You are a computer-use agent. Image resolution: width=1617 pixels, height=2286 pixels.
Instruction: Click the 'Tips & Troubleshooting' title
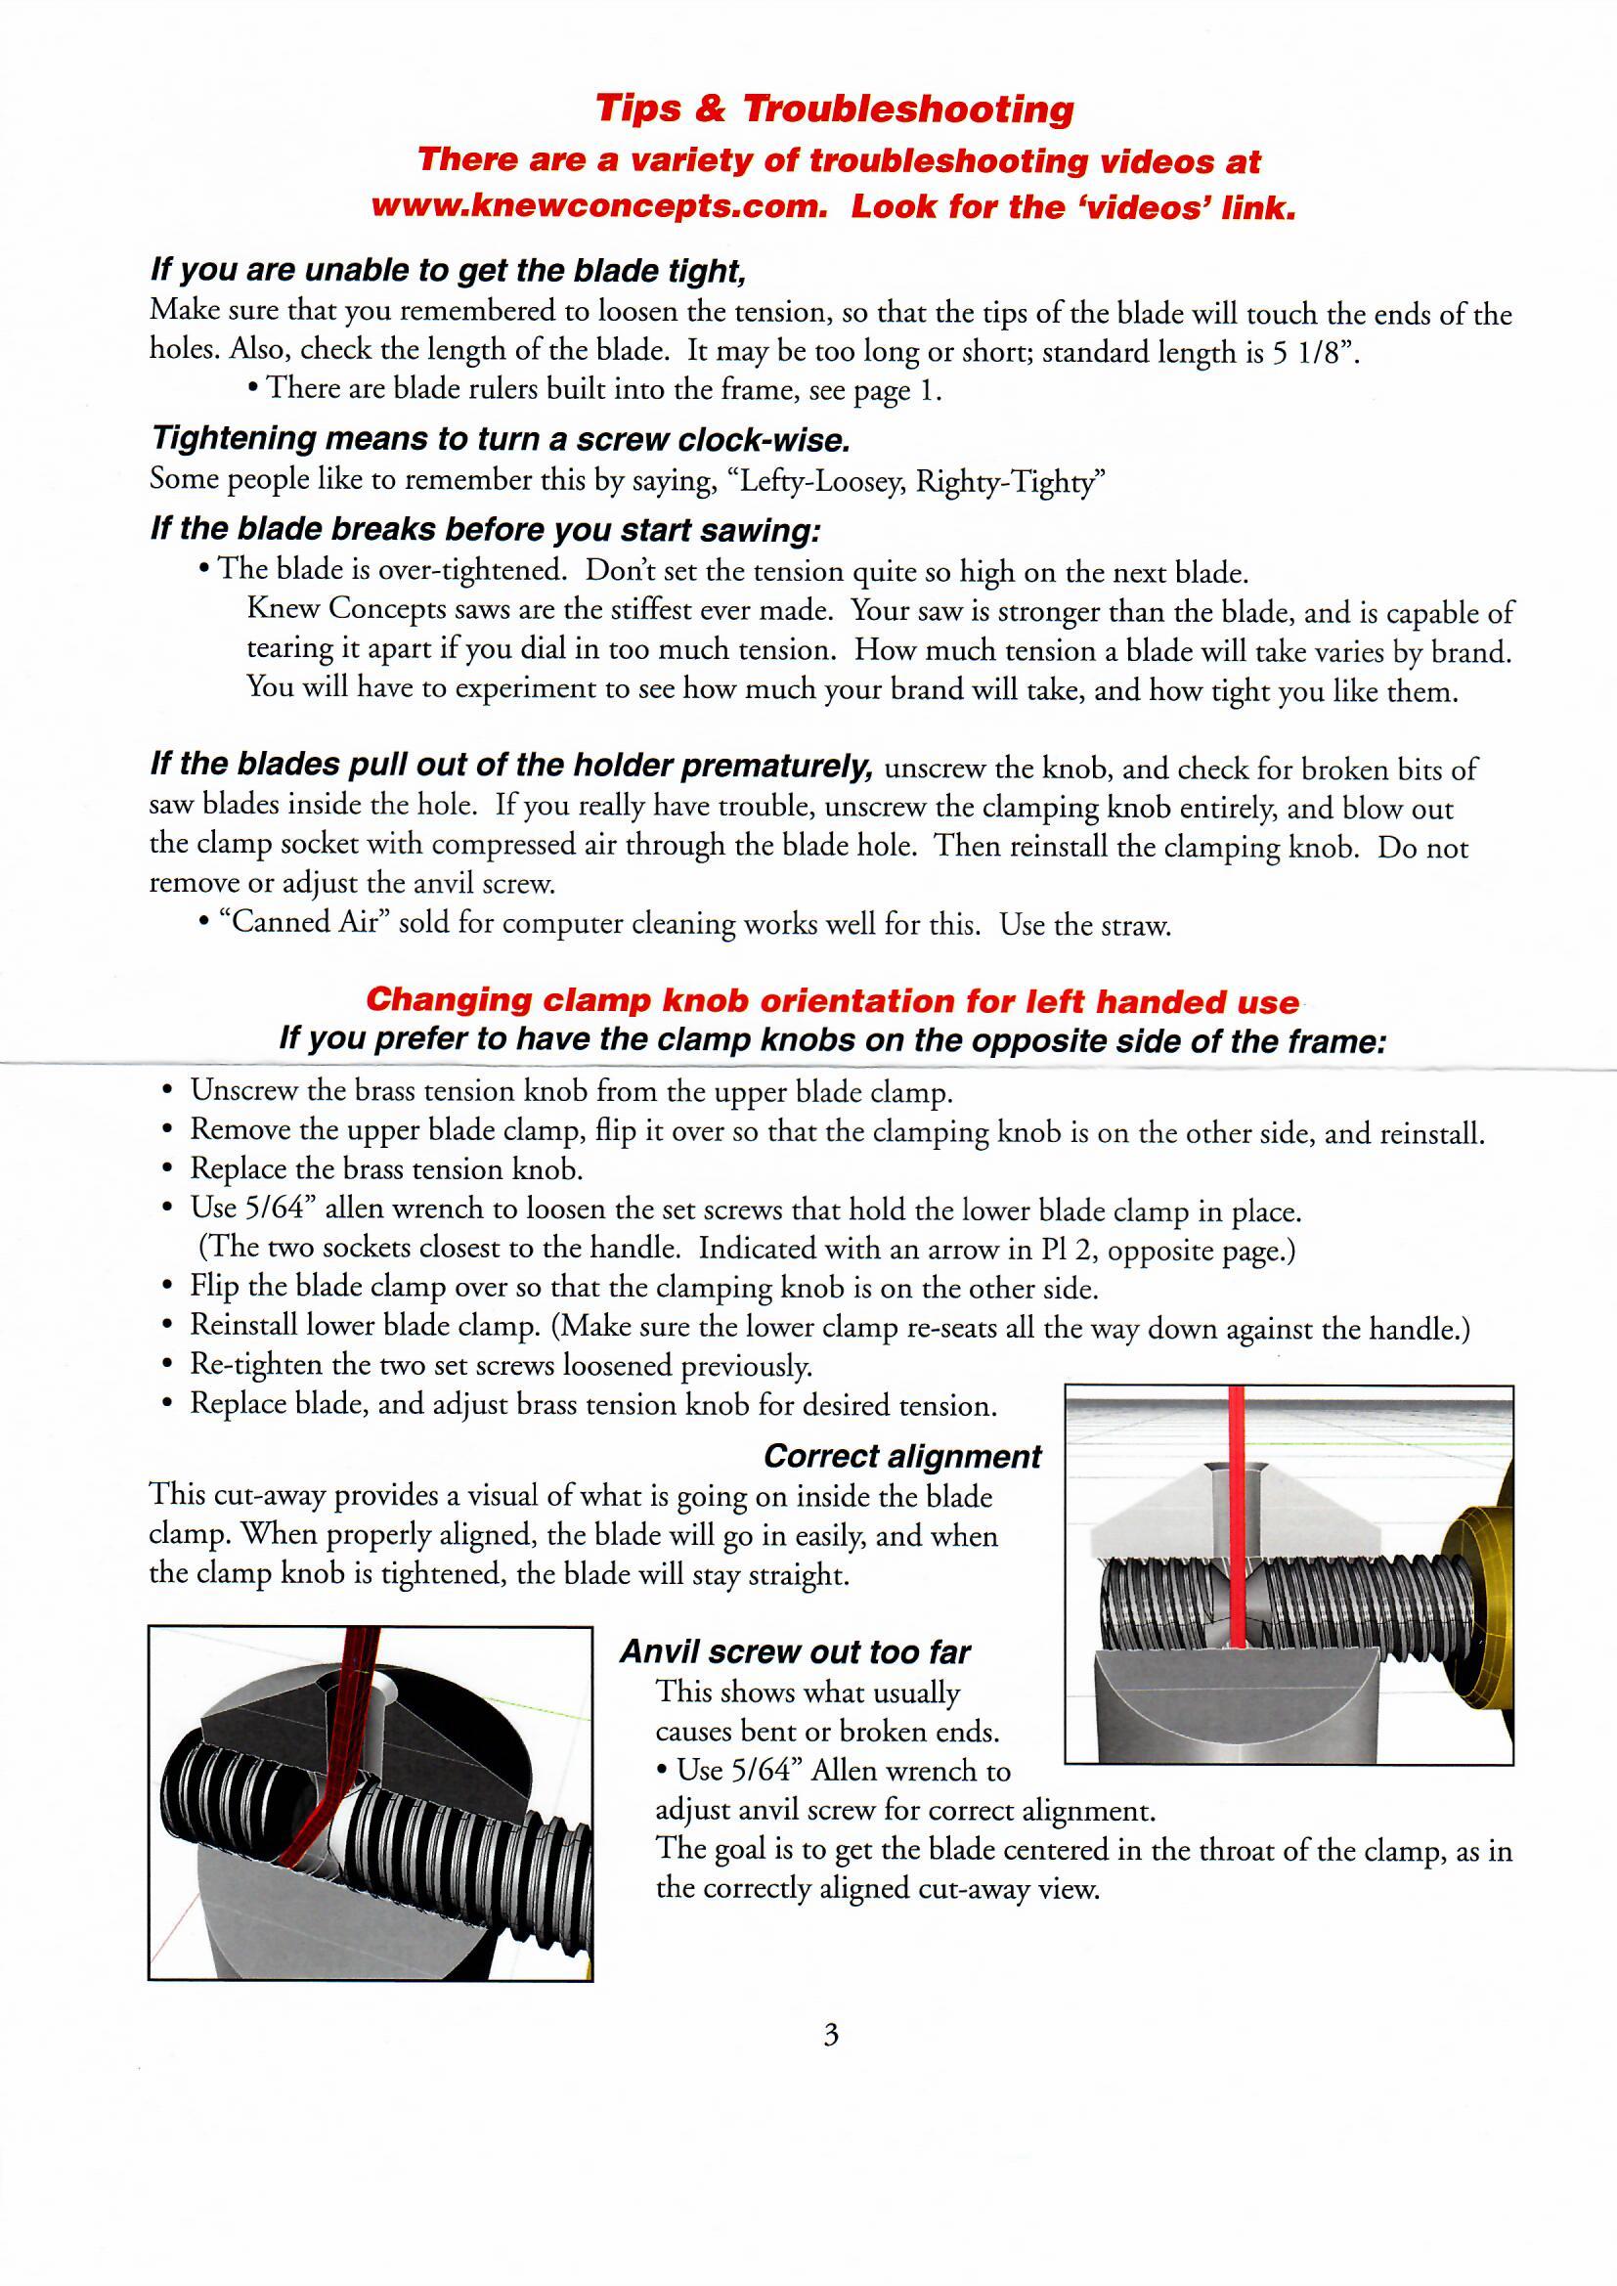pyautogui.click(x=834, y=109)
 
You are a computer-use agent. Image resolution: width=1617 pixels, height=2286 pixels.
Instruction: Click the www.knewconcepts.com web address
pyautogui.click(x=599, y=206)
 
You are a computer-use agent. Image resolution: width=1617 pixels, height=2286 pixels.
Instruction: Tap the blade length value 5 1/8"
pyautogui.click(x=1313, y=352)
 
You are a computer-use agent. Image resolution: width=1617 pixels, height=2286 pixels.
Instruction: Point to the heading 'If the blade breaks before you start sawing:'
pyautogui.click(x=485, y=529)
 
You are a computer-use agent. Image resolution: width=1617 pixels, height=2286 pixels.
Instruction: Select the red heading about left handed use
pyautogui.click(x=832, y=999)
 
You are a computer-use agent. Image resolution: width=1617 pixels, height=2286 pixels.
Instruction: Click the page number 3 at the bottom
pyautogui.click(x=831, y=2035)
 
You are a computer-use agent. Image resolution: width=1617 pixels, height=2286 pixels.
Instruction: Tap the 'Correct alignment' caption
pyautogui.click(x=902, y=1457)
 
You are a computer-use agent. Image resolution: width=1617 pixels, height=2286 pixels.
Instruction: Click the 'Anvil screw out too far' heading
pyautogui.click(x=795, y=1651)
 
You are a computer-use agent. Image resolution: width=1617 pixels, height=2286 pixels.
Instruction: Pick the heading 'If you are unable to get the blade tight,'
pyautogui.click(x=448, y=271)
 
